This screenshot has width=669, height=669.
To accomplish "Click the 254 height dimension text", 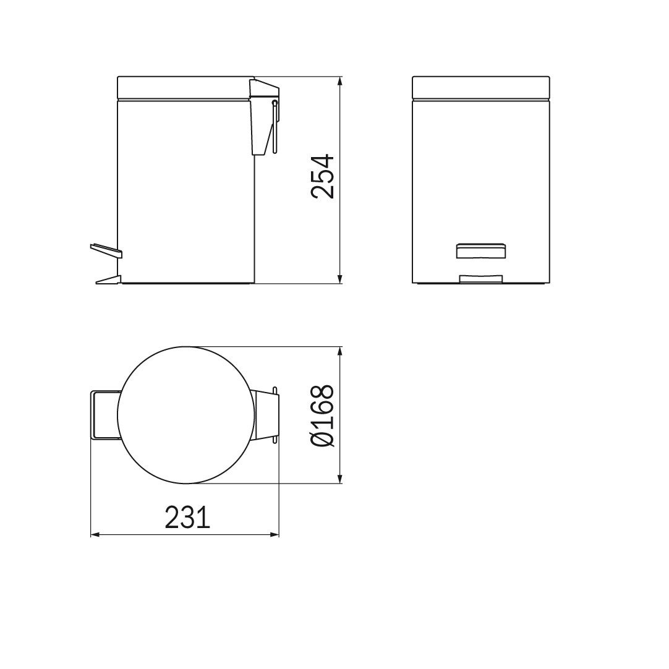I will [322, 177].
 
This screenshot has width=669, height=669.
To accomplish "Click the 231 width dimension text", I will [187, 518].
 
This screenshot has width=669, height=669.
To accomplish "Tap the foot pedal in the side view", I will [106, 250].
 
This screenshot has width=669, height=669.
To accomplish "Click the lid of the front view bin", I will [480, 87].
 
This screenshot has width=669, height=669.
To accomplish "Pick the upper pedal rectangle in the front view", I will [480, 250].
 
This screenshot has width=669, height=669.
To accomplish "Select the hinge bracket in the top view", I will [266, 415].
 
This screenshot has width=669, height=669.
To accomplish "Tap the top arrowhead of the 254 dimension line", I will [339, 81].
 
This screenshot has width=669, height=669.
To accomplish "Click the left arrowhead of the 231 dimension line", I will [95, 535].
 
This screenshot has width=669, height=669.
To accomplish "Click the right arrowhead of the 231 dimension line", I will [275, 535].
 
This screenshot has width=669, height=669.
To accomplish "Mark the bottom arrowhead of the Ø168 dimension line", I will [339, 479].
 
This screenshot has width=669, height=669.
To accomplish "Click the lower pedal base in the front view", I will [480, 279].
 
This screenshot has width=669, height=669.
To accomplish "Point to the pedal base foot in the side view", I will [107, 280].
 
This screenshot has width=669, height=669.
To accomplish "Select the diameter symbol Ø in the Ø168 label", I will [322, 438].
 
